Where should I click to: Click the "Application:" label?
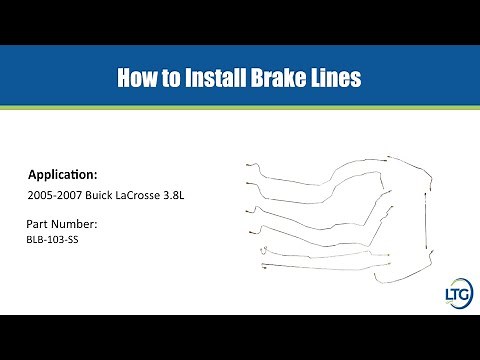(63, 172)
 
